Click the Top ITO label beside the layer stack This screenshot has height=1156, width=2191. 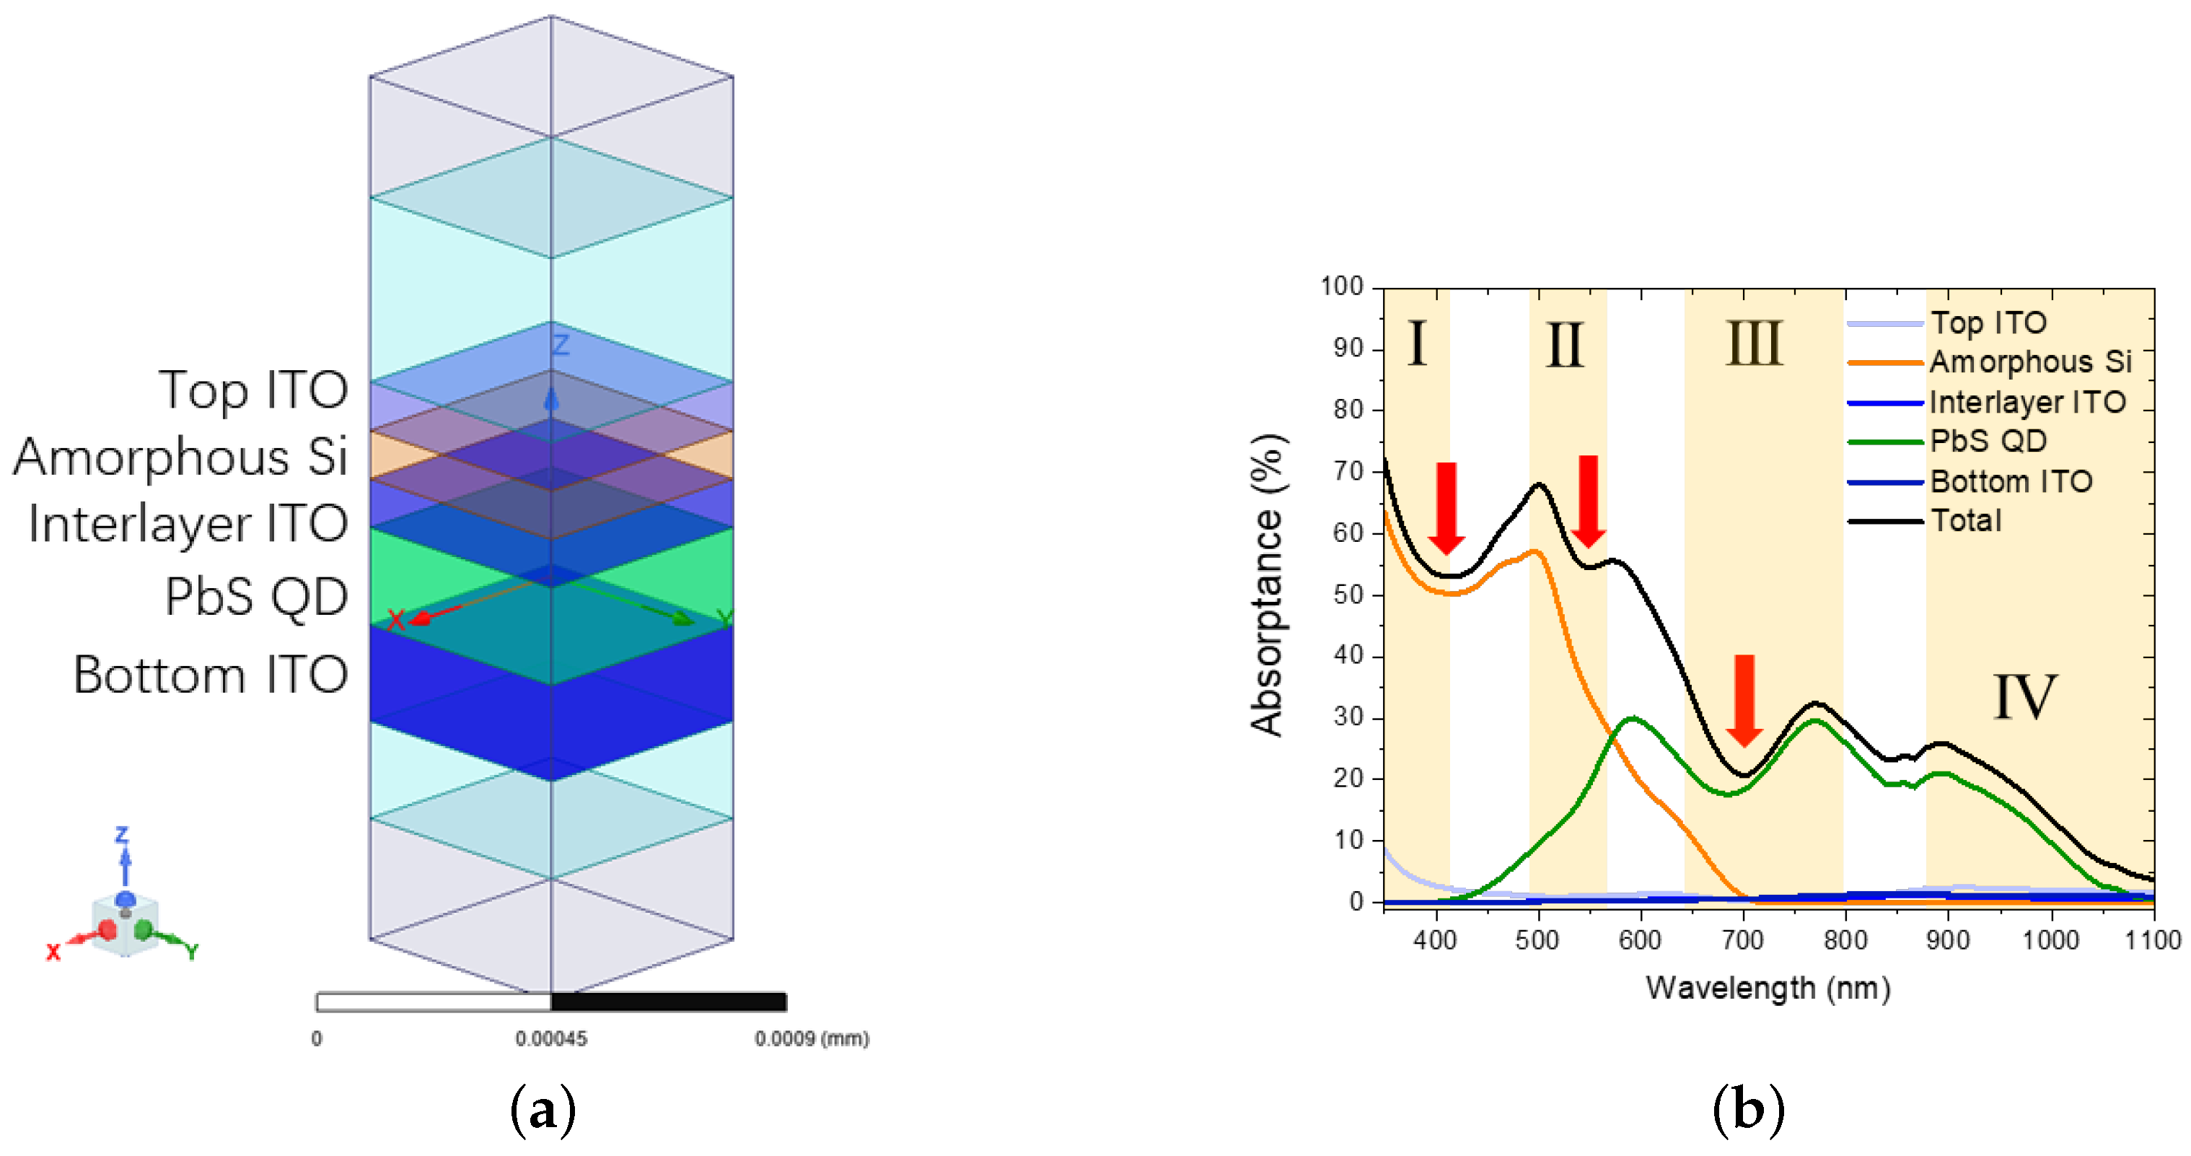(x=253, y=390)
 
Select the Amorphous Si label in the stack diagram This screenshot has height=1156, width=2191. (x=180, y=457)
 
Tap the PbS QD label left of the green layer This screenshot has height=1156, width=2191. (x=256, y=596)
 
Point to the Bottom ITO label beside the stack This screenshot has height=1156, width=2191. (x=211, y=675)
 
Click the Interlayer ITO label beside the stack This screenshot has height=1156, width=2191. (x=188, y=523)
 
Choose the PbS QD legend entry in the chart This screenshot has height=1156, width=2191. (x=1987, y=442)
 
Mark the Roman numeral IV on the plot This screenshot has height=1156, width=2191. (x=2025, y=698)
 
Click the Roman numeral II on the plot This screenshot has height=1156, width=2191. (x=1565, y=344)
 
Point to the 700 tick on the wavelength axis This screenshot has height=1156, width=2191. (x=1743, y=941)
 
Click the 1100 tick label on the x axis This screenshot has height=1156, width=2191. (x=2153, y=941)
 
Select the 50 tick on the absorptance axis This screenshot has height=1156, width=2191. (x=1348, y=595)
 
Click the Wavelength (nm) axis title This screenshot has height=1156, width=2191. (x=1768, y=989)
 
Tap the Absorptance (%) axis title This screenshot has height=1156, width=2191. (x=1268, y=585)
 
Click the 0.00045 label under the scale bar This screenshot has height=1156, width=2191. (x=550, y=1038)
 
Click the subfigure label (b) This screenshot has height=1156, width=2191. (x=1748, y=1110)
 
